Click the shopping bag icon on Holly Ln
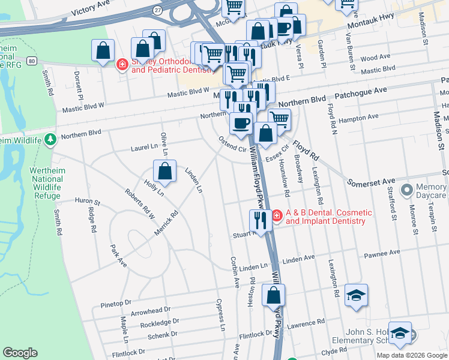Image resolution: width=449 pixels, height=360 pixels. click(164, 172)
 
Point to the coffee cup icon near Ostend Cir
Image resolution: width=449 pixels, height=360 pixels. click(241, 124)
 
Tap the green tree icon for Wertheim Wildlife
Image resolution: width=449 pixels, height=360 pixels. click(50, 140)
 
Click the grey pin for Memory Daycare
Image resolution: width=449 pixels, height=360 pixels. click(407, 190)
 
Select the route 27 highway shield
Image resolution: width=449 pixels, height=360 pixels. click(157, 10)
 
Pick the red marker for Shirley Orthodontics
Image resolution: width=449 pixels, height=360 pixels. click(122, 64)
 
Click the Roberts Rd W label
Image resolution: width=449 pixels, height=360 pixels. click(140, 203)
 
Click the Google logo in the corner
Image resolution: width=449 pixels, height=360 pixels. click(20, 353)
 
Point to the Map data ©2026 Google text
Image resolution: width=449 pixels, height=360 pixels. click(412, 355)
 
